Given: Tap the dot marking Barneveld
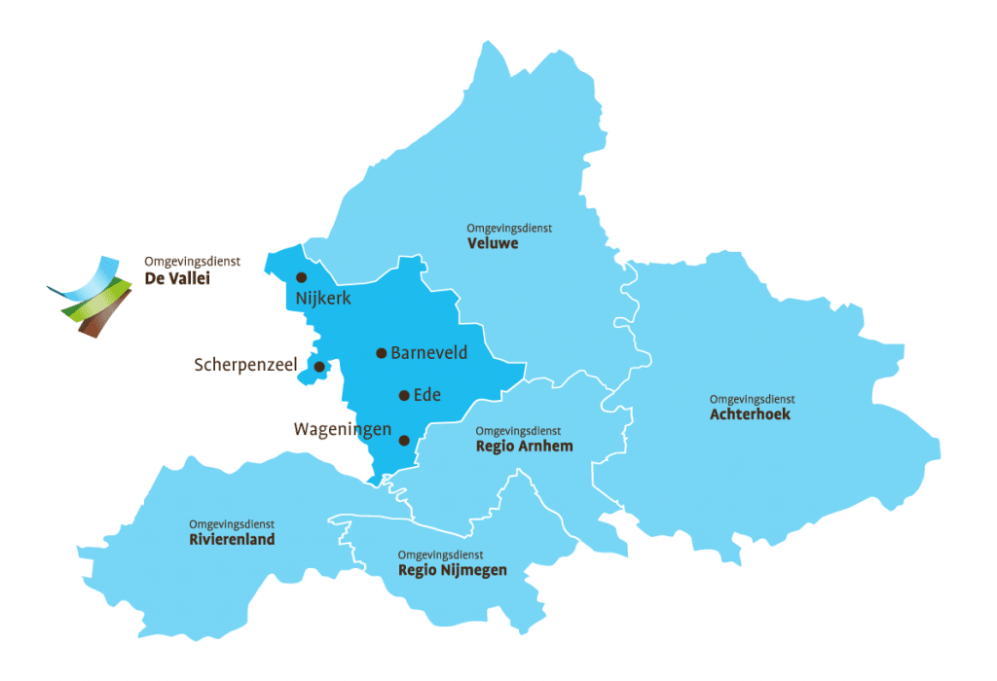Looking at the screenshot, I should (382, 352).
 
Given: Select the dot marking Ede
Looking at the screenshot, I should (404, 395).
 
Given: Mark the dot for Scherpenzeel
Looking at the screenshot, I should (319, 366).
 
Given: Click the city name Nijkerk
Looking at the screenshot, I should (318, 299).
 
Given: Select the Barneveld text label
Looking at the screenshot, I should (428, 353).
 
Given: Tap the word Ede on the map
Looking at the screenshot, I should (427, 395).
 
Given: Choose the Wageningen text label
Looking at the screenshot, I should (343, 429).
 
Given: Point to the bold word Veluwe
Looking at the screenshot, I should (494, 243).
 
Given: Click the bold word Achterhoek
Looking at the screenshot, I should (750, 414).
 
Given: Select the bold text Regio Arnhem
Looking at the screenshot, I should (524, 447).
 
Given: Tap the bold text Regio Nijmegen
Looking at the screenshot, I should (452, 570).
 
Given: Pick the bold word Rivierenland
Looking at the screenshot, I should (232, 539).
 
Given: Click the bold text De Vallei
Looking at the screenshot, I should (177, 278).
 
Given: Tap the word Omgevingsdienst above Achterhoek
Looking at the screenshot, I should (752, 399).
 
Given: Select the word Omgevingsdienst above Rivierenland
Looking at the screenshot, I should (232, 524).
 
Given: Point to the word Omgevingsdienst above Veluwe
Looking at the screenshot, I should (509, 228).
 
